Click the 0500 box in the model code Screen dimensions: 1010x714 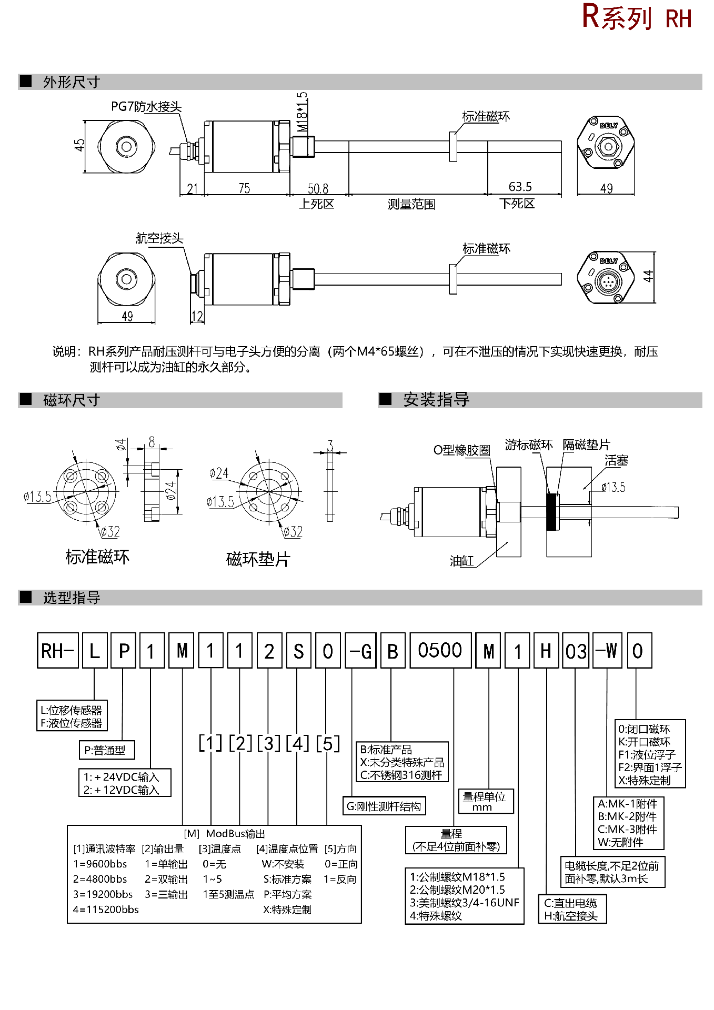[440, 651]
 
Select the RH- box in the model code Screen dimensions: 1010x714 [58, 651]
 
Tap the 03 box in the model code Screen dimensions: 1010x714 [576, 651]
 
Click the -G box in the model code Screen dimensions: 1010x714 [360, 651]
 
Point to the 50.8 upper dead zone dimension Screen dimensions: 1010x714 [318, 188]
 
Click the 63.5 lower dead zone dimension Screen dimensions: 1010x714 [520, 187]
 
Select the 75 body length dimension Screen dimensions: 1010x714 [244, 188]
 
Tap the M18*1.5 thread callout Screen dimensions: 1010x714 [301, 113]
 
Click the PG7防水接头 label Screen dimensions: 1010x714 [146, 107]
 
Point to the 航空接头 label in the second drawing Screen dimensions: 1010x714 [159, 238]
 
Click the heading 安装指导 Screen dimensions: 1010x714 [436, 400]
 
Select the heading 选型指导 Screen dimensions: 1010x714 [72, 598]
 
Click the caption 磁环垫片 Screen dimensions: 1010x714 [258, 559]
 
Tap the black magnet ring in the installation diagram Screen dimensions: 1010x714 [552, 512]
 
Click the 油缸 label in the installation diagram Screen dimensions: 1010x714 [461, 561]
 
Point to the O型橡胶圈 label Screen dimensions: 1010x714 [461, 450]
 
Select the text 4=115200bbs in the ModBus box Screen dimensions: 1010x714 [106, 910]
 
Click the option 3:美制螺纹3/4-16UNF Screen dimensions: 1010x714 [464, 903]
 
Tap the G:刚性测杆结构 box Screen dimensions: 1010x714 [384, 806]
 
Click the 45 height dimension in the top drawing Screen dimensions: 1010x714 [79, 145]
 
